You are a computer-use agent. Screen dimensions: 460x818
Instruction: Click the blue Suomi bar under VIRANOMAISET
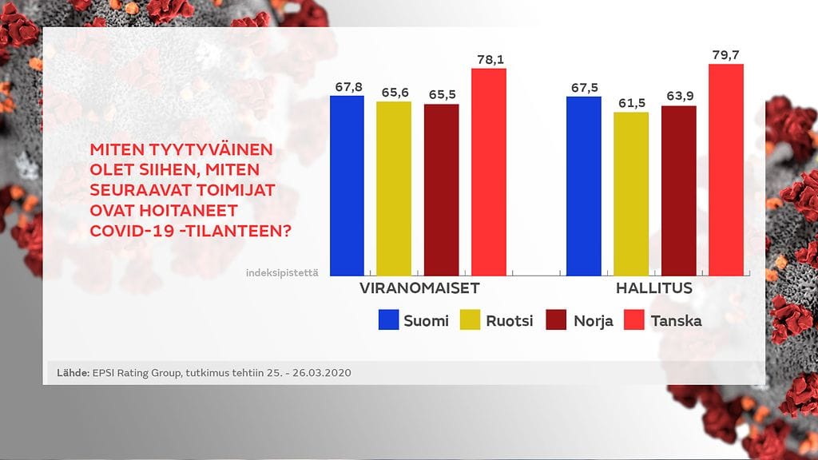[x=347, y=185]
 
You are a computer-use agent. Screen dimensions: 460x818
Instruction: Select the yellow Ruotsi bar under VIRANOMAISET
[x=394, y=188]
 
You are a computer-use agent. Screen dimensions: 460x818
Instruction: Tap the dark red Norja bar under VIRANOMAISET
[x=441, y=190]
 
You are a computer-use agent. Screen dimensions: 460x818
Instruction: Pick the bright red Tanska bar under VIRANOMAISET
[x=489, y=172]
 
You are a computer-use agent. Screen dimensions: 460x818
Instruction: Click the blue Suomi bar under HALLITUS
[x=583, y=186]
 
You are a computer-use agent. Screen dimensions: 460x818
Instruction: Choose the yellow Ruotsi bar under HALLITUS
[x=631, y=194]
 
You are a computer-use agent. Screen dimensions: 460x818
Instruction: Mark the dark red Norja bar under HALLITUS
[x=678, y=191]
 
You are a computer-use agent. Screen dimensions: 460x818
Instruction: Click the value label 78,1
[x=489, y=59]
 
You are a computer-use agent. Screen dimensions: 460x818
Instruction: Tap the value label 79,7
[x=726, y=54]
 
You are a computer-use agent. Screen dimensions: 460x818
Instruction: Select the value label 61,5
[x=631, y=103]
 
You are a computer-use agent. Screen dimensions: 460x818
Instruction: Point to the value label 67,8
[x=347, y=86]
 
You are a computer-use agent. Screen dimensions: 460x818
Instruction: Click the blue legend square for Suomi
[x=388, y=321]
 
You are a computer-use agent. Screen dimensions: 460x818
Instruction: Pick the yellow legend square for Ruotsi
[x=472, y=321]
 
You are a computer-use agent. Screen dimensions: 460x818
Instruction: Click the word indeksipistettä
[x=283, y=273]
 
